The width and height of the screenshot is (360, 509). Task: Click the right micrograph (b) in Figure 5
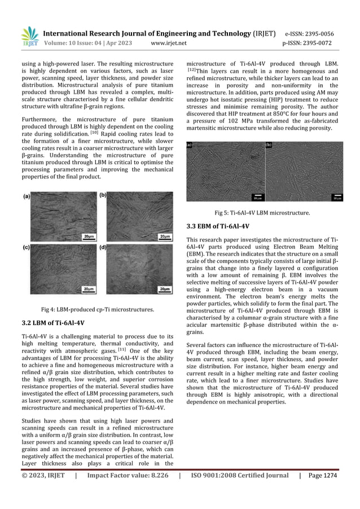[x=304, y=171]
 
